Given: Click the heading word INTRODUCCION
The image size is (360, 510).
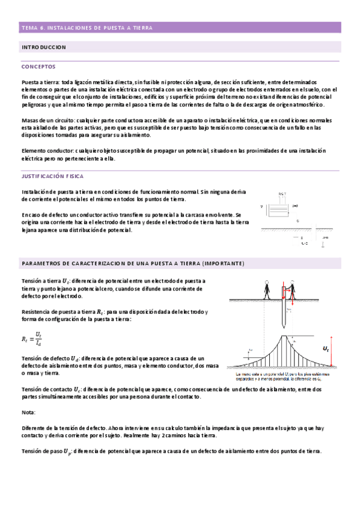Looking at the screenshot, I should pyautogui.click(x=44, y=47).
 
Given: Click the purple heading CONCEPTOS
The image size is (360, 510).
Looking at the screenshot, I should pyautogui.click(x=38, y=67).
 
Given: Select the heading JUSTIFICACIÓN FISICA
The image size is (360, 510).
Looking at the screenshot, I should pyautogui.click(x=52, y=176).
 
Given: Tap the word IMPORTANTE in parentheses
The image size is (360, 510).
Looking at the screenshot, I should pyautogui.click(x=222, y=263).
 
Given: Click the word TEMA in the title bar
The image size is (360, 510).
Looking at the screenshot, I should pyautogui.click(x=28, y=28).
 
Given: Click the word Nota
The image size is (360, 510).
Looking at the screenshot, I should pyautogui.click(x=28, y=413).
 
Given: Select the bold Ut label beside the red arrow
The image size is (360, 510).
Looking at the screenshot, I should pyautogui.click(x=326, y=349).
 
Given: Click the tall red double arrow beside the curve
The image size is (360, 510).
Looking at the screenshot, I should pyautogui.click(x=332, y=347).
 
